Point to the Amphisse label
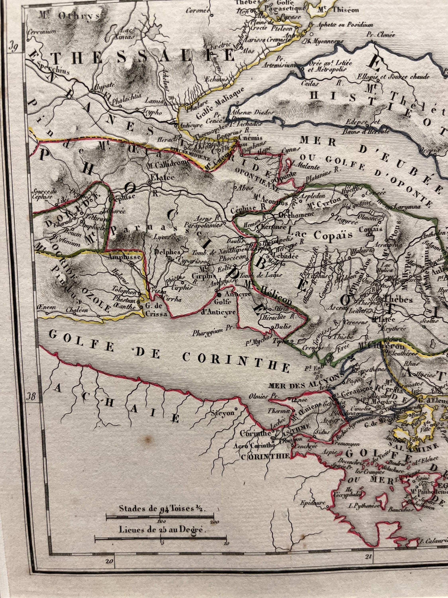pos(124,257)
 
